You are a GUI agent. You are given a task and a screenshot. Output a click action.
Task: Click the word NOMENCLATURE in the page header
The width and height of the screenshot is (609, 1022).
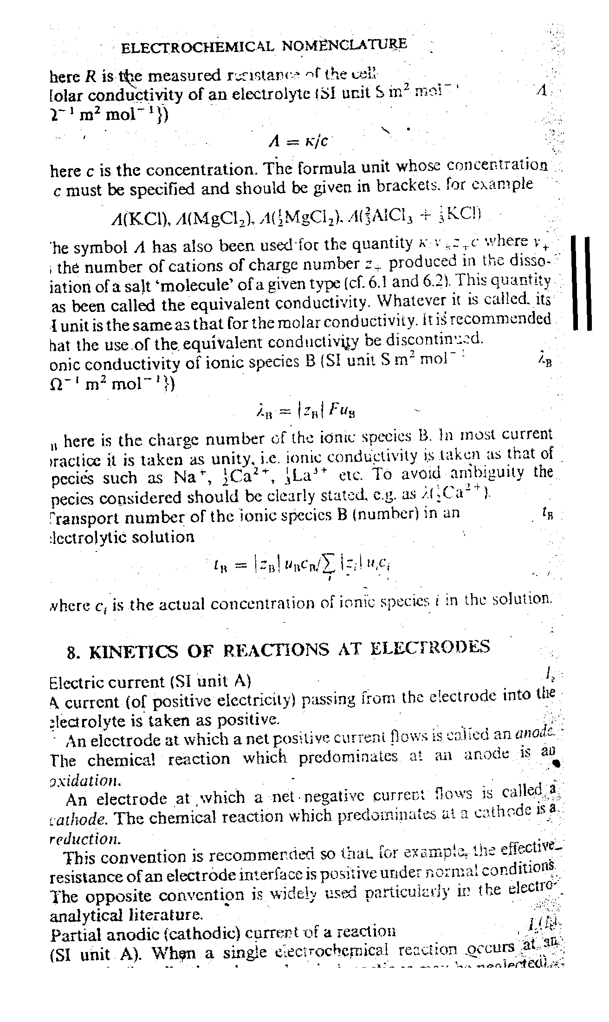tap(344, 45)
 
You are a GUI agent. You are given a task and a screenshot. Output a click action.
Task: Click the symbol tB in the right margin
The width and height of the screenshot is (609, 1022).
tap(546, 513)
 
